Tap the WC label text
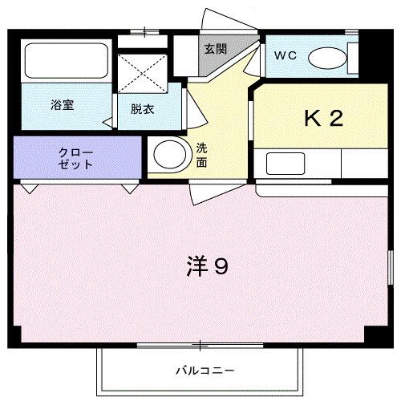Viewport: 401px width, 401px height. tap(286, 55)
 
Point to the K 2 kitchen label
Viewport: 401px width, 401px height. tap(323, 118)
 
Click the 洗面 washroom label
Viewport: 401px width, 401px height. tap(202, 155)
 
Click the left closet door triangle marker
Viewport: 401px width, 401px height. tap(30, 188)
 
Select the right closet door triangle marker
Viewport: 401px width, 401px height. tap(129, 188)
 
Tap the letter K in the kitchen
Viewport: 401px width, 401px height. tap(311, 118)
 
